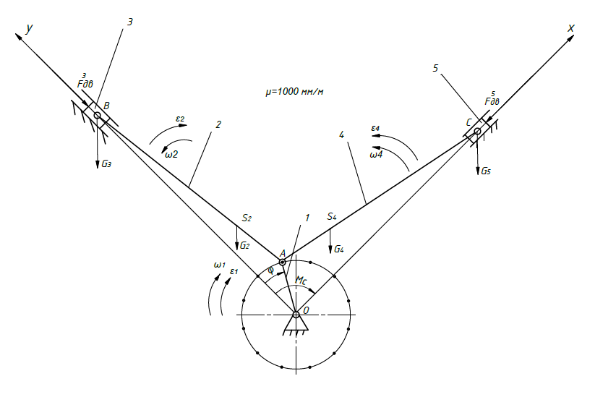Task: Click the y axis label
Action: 30,28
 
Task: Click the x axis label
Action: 570,28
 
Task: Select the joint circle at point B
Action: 97,115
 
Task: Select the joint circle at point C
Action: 477,131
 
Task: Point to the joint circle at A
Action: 283,262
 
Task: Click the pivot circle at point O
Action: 296,314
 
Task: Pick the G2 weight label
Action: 245,246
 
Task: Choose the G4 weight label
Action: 338,249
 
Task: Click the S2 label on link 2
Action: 247,217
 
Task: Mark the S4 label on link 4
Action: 332,216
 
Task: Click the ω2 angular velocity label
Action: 171,153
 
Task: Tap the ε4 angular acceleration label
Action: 376,129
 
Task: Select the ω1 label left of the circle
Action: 218,265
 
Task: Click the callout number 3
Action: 129,22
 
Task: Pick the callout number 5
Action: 435,68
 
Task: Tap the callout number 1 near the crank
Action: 307,218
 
